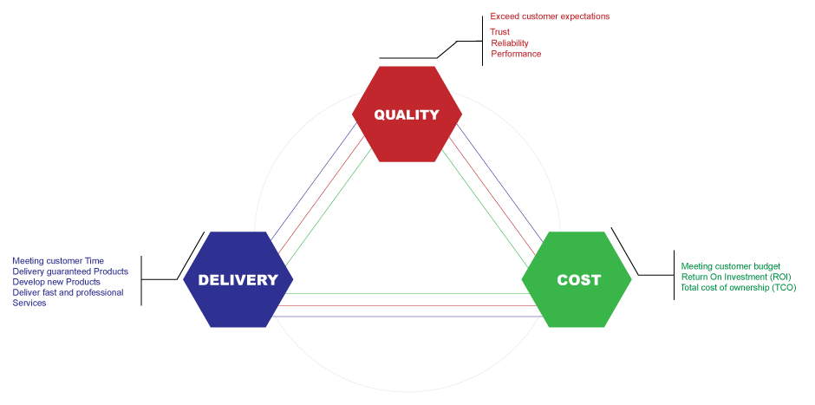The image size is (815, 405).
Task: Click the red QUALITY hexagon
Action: click(x=406, y=114)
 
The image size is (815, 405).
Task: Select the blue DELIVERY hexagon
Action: click(x=238, y=279)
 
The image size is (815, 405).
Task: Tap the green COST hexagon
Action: click(x=577, y=279)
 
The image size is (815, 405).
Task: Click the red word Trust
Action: click(x=500, y=32)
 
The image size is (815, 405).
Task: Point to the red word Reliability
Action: click(x=510, y=42)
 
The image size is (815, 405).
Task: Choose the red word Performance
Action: click(x=516, y=54)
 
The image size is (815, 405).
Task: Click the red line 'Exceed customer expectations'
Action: click(x=550, y=16)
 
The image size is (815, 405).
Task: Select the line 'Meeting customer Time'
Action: click(x=58, y=260)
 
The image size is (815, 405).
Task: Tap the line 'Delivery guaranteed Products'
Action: click(x=70, y=271)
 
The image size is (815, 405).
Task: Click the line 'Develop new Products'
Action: click(x=56, y=282)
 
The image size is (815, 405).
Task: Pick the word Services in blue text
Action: click(x=29, y=303)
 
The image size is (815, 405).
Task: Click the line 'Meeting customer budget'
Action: click(x=730, y=266)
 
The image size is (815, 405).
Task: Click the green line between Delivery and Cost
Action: click(x=407, y=295)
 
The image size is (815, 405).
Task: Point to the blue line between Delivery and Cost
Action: click(x=407, y=316)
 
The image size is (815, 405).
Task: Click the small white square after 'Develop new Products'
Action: click(x=106, y=282)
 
